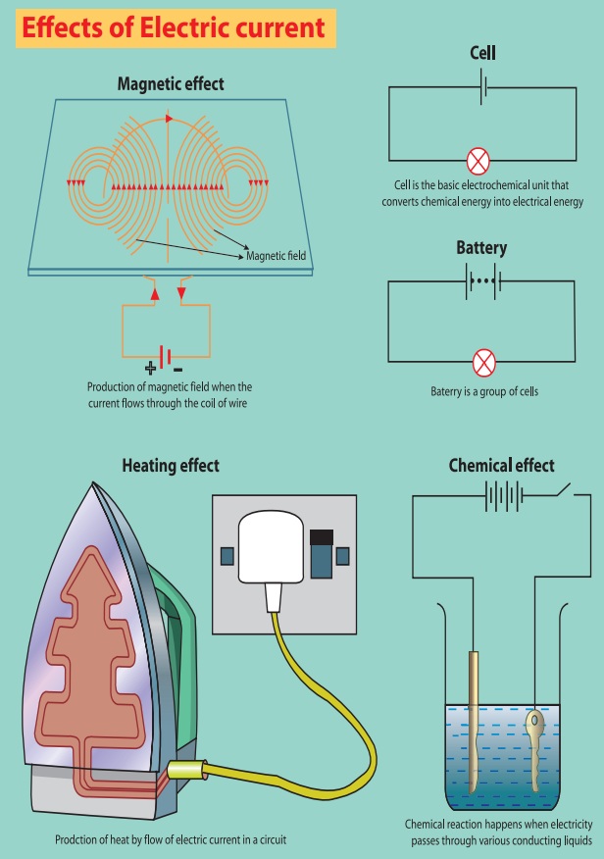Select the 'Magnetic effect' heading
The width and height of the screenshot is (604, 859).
click(x=171, y=83)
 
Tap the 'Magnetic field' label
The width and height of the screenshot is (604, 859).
click(x=277, y=256)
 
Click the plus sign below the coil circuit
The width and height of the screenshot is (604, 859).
click(x=151, y=369)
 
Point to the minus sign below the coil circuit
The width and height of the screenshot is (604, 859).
click(x=177, y=369)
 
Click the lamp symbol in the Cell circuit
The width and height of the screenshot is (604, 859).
click(x=481, y=161)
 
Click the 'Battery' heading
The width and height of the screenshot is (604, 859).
click(x=481, y=248)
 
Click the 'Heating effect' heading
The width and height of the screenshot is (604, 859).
click(x=171, y=466)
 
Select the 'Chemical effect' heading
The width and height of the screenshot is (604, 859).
click(x=501, y=466)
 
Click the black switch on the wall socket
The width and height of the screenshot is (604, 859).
click(x=320, y=537)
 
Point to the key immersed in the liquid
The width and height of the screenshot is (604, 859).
click(x=535, y=746)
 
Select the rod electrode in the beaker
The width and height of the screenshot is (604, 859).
click(x=473, y=721)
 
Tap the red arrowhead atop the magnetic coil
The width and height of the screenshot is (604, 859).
click(x=170, y=119)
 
